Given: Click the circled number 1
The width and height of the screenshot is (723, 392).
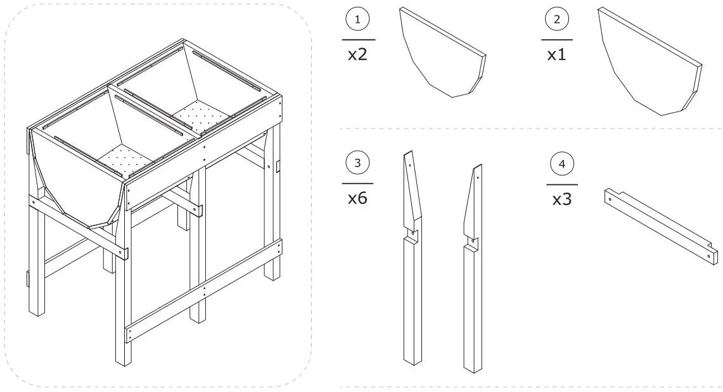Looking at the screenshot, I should (358, 20).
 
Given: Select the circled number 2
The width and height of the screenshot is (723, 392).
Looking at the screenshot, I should (556, 20).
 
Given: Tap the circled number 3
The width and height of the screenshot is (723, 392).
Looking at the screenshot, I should (358, 163).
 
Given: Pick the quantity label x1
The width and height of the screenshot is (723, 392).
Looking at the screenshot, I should (556, 54).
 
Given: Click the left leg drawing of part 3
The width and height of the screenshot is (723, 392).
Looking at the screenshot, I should (412, 266).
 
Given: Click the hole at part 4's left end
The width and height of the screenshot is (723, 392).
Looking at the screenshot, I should (610, 199).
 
